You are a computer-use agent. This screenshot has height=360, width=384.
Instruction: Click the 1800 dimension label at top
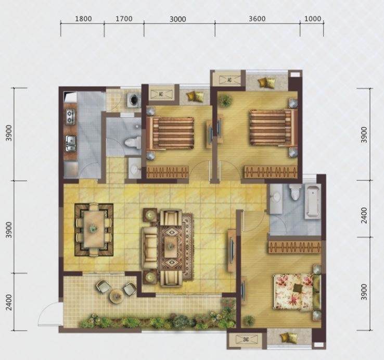(x=83, y=19)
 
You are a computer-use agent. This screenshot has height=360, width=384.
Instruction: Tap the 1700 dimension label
(x=124, y=19)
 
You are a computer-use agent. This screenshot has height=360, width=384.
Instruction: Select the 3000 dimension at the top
(x=178, y=19)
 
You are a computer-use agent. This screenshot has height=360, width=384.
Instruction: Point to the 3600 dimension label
(x=257, y=19)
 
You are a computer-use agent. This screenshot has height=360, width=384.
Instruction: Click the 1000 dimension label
(x=313, y=19)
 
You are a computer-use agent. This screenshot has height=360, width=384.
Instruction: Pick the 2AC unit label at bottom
(x=246, y=340)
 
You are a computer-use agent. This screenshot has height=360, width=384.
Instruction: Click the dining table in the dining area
(x=93, y=229)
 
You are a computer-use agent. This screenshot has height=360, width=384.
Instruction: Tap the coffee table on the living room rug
(x=171, y=246)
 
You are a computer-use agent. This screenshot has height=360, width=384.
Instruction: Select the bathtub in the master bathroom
(x=313, y=201)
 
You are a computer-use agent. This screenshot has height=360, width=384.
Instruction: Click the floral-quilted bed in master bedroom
(x=294, y=292)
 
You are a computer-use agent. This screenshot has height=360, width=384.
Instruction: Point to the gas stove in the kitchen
(x=71, y=117)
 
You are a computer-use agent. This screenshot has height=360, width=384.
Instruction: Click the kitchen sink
(x=71, y=143)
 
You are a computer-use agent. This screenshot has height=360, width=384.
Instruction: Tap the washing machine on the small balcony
(x=134, y=100)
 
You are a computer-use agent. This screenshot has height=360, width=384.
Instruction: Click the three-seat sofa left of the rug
(x=150, y=247)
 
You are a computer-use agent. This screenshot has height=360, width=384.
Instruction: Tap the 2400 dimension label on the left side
(x=9, y=302)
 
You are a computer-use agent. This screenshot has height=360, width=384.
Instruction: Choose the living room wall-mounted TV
(x=232, y=250)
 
